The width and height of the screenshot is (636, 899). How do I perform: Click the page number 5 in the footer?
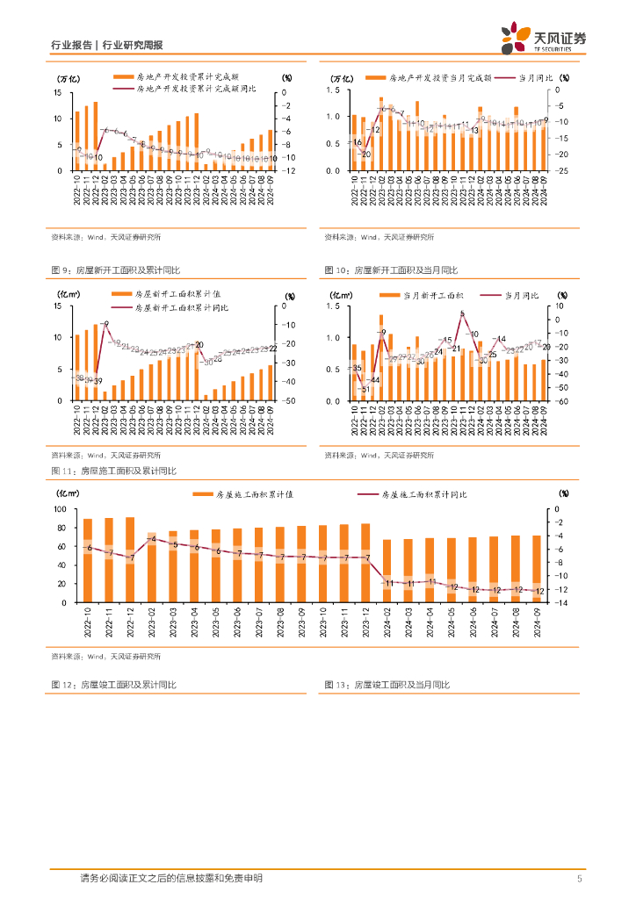579,879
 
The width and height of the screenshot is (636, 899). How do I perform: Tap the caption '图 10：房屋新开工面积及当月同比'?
391,270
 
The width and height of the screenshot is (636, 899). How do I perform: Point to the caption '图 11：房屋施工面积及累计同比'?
114,471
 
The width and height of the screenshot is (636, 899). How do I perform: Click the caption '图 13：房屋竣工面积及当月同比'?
391,685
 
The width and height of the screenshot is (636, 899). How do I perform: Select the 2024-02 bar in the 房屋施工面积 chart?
387,571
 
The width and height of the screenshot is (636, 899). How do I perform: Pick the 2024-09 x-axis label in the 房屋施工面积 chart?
538,624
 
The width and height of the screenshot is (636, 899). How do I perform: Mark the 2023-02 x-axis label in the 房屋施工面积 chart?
152,624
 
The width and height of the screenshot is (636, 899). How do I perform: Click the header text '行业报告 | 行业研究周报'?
106,46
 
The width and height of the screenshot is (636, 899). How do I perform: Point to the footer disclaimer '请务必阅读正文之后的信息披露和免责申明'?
170,878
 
